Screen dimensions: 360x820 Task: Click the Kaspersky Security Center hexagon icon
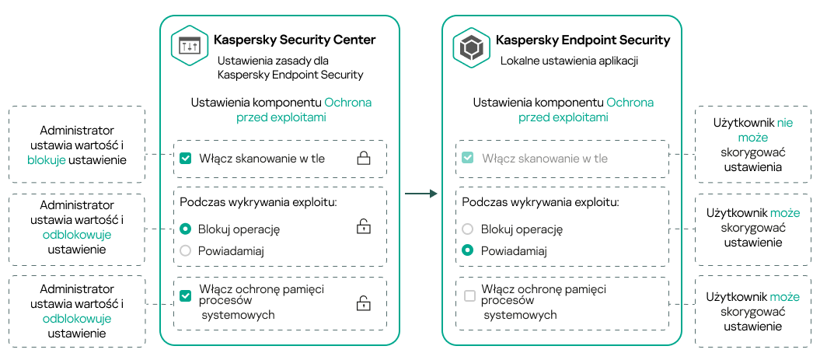(190, 47)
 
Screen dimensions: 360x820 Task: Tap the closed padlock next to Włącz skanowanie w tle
(363, 159)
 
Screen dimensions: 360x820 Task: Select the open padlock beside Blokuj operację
(363, 228)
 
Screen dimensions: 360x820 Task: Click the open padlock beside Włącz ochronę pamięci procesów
(363, 302)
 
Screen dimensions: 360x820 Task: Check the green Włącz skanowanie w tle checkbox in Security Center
(185, 159)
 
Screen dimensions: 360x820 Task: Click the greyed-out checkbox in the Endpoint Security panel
(467, 159)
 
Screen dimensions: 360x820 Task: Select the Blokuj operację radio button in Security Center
(185, 229)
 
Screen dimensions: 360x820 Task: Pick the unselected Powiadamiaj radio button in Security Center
(185, 251)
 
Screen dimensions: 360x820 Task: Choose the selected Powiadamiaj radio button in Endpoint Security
(467, 251)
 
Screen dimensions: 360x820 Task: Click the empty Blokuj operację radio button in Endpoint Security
(467, 229)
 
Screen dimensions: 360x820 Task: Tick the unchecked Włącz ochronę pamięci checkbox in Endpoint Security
(469, 295)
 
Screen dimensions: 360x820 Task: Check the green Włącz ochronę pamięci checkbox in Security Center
(185, 295)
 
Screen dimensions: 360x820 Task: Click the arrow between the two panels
(421, 194)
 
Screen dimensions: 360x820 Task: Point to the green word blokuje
(47, 160)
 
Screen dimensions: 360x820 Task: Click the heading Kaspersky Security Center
(294, 40)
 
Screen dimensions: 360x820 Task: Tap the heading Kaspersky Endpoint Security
(582, 40)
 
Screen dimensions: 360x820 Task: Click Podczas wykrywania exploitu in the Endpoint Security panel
(540, 202)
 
